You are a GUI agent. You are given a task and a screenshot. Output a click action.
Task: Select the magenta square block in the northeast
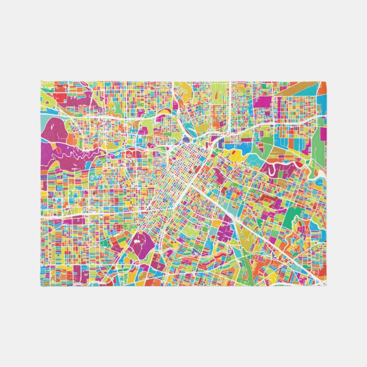(x=264, y=103)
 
